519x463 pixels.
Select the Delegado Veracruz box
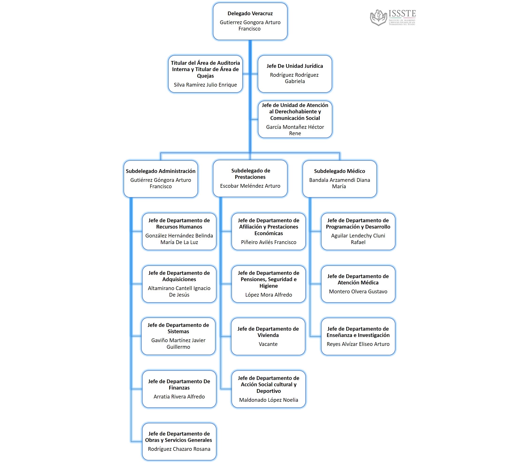[x=250, y=21]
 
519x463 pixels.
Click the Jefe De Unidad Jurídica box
[x=295, y=74]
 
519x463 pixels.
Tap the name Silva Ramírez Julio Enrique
[x=205, y=85]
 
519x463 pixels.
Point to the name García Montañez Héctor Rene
[x=295, y=130]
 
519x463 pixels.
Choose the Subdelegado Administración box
[x=160, y=179]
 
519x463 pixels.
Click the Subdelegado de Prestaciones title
[x=250, y=174]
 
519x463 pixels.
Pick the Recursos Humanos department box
[x=179, y=231]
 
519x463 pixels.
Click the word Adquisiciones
[x=179, y=279]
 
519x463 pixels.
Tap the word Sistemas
[x=178, y=332]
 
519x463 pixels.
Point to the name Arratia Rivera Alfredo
[x=179, y=397]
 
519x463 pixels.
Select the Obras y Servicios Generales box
[x=179, y=441]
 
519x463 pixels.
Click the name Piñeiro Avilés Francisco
[x=269, y=242]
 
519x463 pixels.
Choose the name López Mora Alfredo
[x=269, y=295]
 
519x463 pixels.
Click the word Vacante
[x=268, y=344]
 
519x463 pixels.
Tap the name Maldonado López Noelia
[x=269, y=400]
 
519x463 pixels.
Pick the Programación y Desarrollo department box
[x=358, y=231]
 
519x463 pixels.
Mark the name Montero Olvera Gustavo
[x=358, y=291]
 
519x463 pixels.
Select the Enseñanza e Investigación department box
[x=358, y=336]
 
